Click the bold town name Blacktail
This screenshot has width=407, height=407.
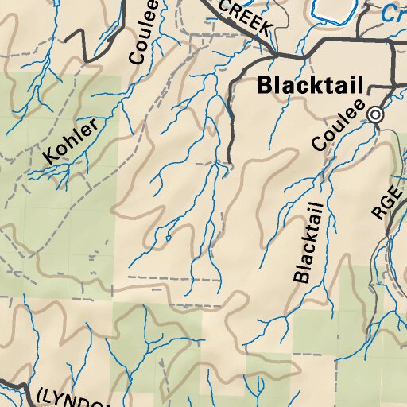(x=310, y=86)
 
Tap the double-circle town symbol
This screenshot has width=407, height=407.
(x=374, y=115)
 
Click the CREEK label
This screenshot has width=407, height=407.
(x=246, y=17)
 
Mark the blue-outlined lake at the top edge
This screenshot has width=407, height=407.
(x=334, y=10)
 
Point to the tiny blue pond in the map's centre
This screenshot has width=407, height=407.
(x=168, y=237)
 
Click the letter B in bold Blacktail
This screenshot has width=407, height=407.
(x=264, y=86)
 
